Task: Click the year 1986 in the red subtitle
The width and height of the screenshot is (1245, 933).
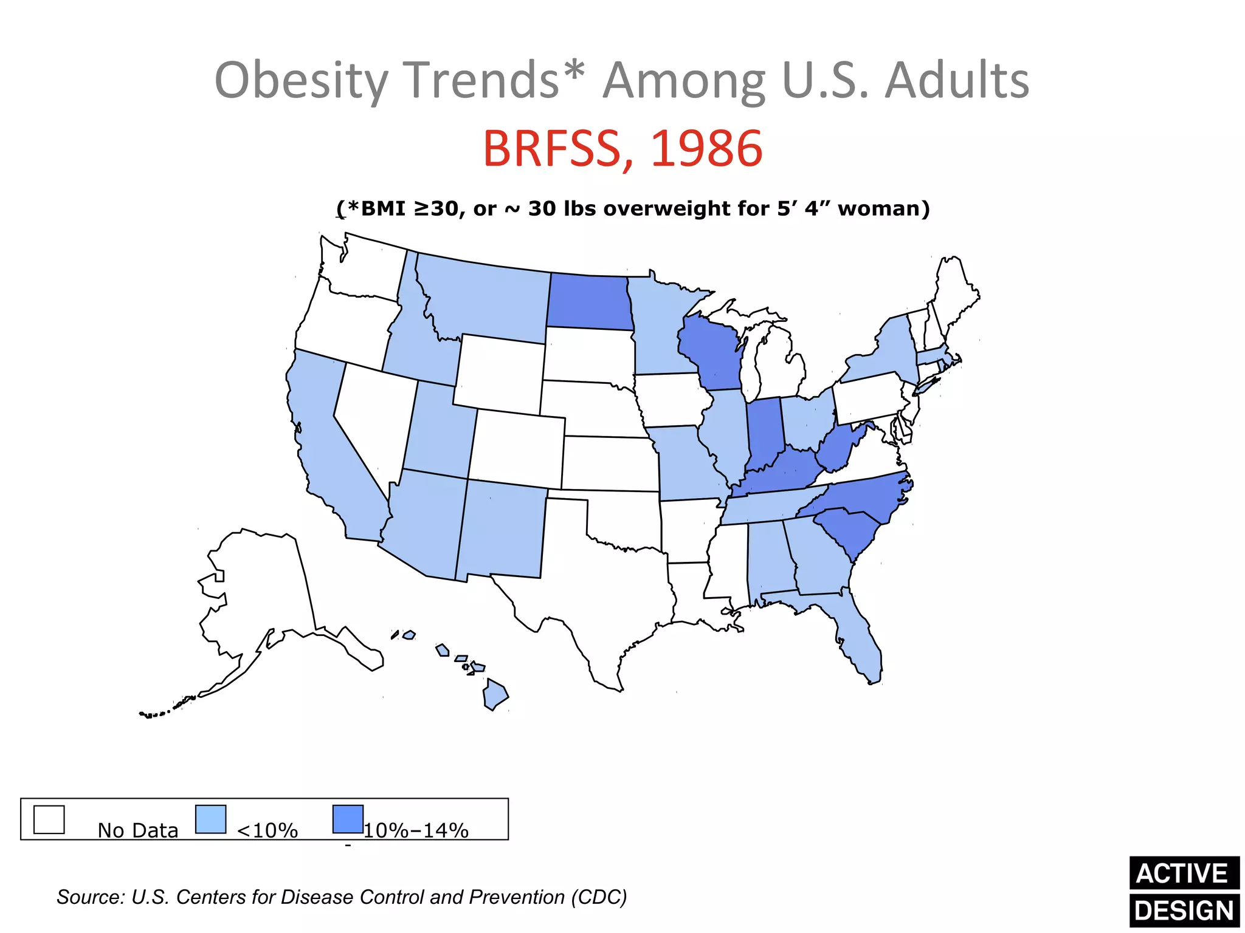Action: pos(706,149)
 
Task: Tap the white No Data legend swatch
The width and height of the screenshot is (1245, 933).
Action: pos(49,819)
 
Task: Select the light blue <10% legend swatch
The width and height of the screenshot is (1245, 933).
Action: pos(210,819)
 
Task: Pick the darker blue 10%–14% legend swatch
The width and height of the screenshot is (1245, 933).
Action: pos(348,819)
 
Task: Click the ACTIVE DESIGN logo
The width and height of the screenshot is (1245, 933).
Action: pos(1184,891)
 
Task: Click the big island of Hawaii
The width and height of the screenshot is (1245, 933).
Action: pos(495,695)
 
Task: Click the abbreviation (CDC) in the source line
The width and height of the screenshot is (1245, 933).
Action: pos(598,897)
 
